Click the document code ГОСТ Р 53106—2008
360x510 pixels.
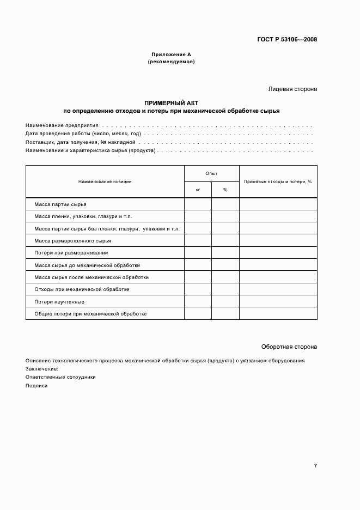click(287, 39)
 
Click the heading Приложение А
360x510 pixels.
click(171, 54)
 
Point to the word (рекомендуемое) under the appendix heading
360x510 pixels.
click(171, 62)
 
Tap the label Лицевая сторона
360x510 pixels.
click(292, 89)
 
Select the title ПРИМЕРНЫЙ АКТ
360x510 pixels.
click(171, 102)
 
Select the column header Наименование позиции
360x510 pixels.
click(105, 181)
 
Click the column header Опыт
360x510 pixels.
click(211, 173)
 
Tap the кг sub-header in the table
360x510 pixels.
click(198, 190)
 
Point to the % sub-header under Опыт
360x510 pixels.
click(225, 190)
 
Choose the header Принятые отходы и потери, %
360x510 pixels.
click(278, 181)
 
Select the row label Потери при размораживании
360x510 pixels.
click(71, 253)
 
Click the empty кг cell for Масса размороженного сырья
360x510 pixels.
click(198, 240)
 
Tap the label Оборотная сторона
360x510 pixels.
click(289, 347)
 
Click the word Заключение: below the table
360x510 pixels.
click(41, 368)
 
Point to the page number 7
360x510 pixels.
click(315, 466)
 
